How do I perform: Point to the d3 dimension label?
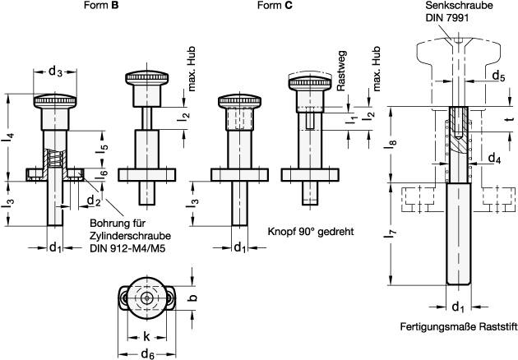click(x=55, y=72)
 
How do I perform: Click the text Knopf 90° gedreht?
click(x=309, y=232)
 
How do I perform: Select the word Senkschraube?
click(x=456, y=6)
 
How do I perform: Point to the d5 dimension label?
click(x=498, y=76)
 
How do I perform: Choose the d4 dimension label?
click(x=494, y=157)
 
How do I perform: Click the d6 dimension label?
click(x=147, y=353)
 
